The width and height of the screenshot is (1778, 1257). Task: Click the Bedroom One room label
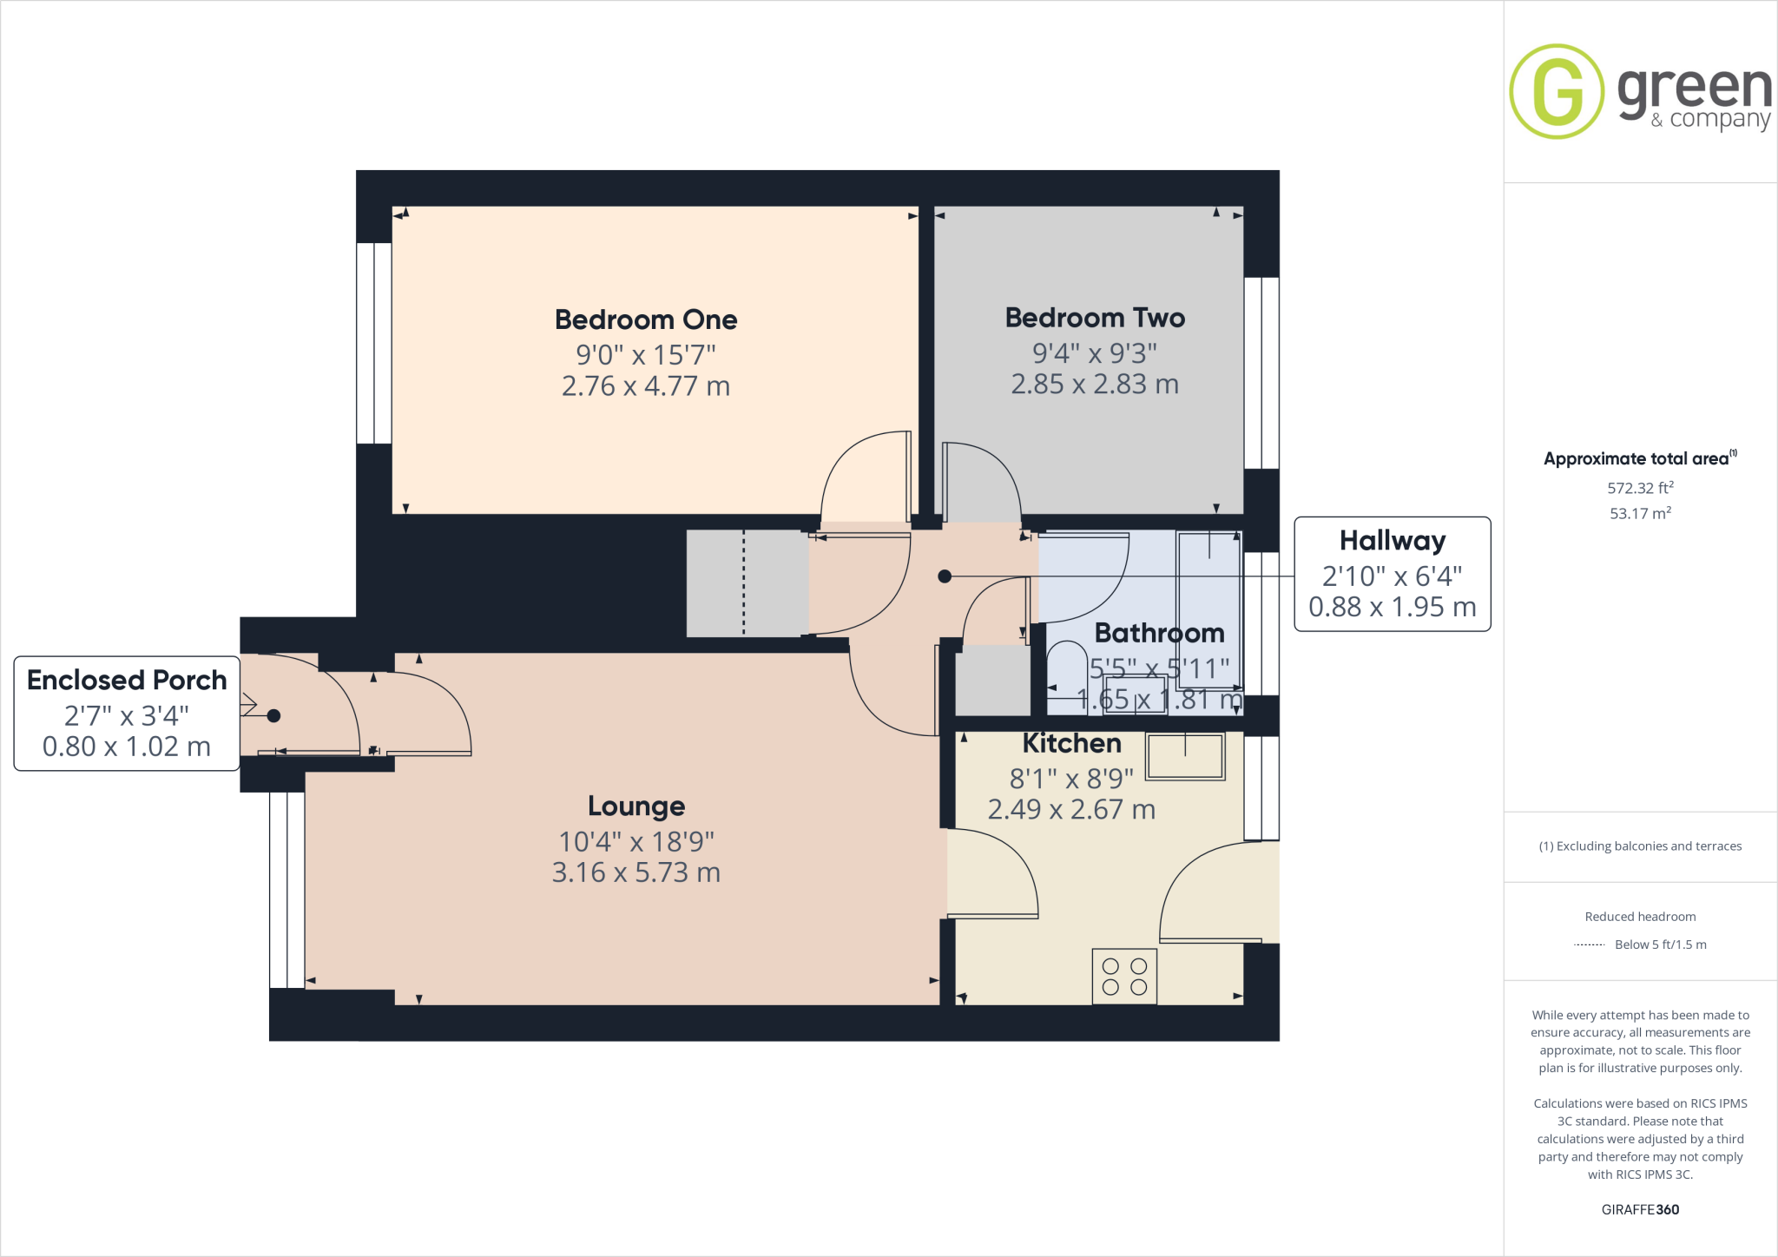pos(646,319)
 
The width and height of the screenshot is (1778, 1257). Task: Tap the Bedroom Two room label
pos(1095,318)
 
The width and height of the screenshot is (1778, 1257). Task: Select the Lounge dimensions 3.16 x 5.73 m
pos(636,872)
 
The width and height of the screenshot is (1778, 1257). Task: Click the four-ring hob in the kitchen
pos(1124,977)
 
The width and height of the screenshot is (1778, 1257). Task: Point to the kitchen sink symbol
pos(1185,756)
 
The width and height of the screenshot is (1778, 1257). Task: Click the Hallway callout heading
pos(1393,541)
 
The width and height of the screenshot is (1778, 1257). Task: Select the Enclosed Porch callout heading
pos(127,680)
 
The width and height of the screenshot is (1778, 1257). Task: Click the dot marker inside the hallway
pos(945,576)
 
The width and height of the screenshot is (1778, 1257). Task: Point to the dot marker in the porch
pos(273,716)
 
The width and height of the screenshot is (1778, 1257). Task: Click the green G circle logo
pos(1557,91)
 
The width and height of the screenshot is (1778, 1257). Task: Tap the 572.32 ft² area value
pos(1640,488)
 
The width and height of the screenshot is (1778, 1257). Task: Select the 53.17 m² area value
pos(1640,513)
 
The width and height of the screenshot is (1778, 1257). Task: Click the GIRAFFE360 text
pos(1640,1209)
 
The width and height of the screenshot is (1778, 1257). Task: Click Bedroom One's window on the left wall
pos(374,343)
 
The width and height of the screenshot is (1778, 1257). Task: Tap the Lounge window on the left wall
pos(286,890)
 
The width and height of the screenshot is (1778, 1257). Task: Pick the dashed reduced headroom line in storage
pos(744,583)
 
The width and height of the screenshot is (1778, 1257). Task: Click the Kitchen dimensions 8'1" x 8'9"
pos(1071,779)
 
